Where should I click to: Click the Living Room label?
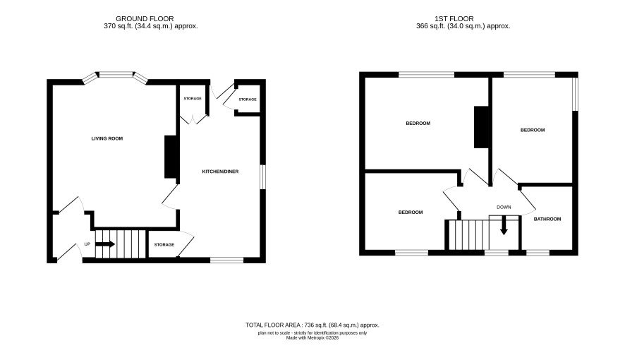tap(107, 139)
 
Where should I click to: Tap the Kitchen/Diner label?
tap(220, 172)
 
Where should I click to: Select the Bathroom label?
tap(547, 219)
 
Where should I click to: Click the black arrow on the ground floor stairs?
tap(106, 244)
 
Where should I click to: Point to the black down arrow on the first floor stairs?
tap(504, 225)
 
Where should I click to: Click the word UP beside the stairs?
tap(87, 244)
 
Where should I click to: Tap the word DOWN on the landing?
tap(504, 208)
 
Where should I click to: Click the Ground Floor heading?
tap(145, 19)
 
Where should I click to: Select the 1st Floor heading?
tap(454, 19)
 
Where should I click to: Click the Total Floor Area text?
tap(312, 325)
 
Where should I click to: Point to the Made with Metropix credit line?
tap(312, 337)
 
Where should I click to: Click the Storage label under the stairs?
tap(164, 245)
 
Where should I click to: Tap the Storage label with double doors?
tap(193, 99)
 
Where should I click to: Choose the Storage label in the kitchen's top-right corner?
tap(248, 100)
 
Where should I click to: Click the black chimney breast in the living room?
tap(170, 157)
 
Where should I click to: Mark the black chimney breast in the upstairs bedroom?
tap(481, 127)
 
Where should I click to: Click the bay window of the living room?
tap(116, 77)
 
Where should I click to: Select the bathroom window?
tap(538, 253)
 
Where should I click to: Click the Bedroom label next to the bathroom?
tap(533, 130)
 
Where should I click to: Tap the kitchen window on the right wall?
tap(262, 176)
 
